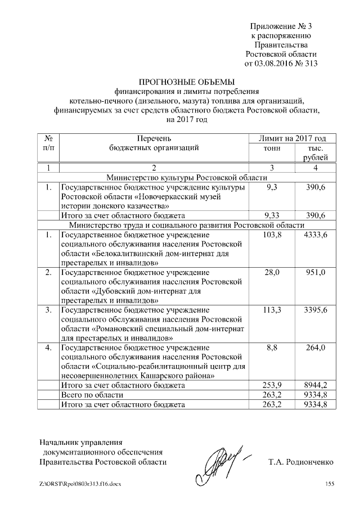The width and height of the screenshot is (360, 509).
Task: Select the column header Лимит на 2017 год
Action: coord(291,138)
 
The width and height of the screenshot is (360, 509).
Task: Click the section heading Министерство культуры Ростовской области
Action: coord(187,177)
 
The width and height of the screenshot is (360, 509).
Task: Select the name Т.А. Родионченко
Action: coord(301,462)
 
